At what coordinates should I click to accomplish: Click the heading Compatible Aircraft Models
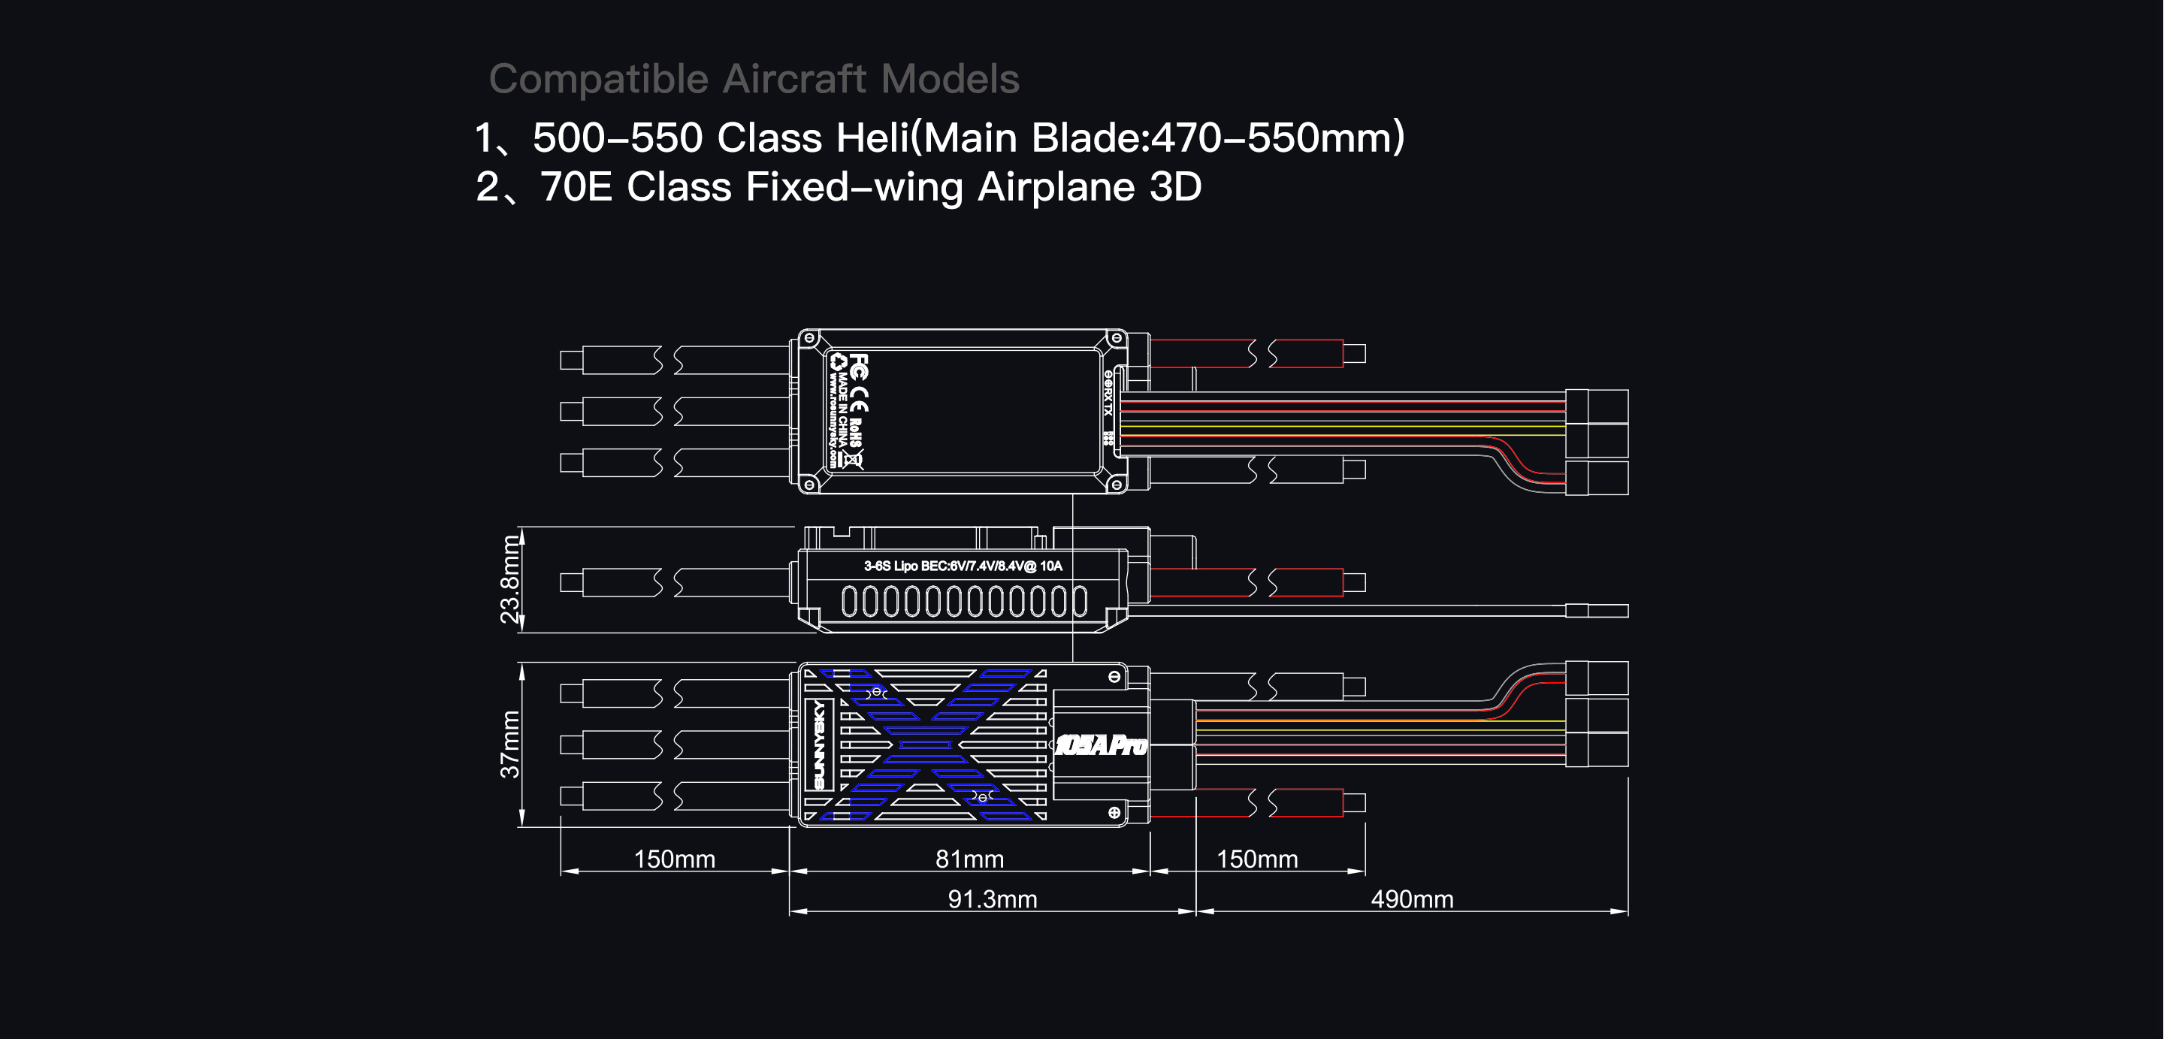(x=754, y=79)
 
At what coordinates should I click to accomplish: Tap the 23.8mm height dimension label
(x=510, y=579)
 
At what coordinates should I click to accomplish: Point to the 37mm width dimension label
(x=510, y=745)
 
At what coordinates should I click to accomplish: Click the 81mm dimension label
(x=969, y=859)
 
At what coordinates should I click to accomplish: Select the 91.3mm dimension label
(x=992, y=899)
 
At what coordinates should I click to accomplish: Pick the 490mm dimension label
(x=1411, y=899)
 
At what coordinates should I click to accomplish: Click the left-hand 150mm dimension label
(x=674, y=859)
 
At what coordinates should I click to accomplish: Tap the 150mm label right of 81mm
(x=1257, y=859)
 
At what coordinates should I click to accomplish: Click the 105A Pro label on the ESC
(x=1101, y=745)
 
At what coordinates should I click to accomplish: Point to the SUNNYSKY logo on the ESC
(x=820, y=745)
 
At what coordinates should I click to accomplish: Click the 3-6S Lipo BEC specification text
(x=963, y=566)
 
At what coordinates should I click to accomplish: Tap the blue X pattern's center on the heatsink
(x=924, y=745)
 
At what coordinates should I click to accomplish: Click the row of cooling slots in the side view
(x=963, y=602)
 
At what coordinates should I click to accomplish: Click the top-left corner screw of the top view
(x=809, y=339)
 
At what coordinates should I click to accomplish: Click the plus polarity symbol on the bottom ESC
(x=1114, y=812)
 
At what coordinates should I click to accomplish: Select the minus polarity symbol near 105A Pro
(x=1114, y=677)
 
